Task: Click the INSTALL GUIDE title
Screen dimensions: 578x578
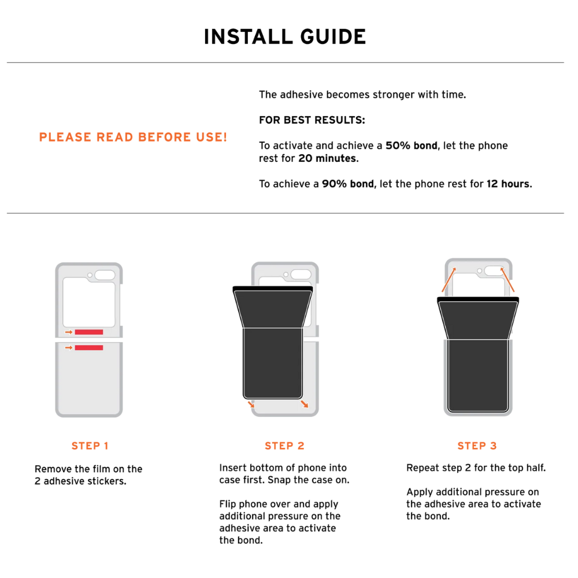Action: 285,36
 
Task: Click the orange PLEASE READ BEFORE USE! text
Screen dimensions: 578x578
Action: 133,138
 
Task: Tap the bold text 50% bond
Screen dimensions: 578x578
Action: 411,146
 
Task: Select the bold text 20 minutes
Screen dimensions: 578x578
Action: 328,158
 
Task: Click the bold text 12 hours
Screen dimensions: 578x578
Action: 507,184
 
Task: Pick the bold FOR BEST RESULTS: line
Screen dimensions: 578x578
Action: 312,120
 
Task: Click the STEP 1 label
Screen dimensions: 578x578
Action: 90,446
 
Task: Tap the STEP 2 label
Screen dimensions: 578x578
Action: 284,446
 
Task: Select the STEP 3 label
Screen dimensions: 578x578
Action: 477,446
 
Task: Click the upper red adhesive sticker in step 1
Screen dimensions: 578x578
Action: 89,332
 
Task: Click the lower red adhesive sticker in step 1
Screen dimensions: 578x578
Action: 89,347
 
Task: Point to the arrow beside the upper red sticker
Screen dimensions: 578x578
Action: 69,332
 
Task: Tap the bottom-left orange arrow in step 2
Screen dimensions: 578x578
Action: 250,403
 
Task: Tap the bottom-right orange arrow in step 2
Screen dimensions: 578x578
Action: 304,403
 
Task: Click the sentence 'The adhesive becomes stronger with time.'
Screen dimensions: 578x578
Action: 362,95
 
